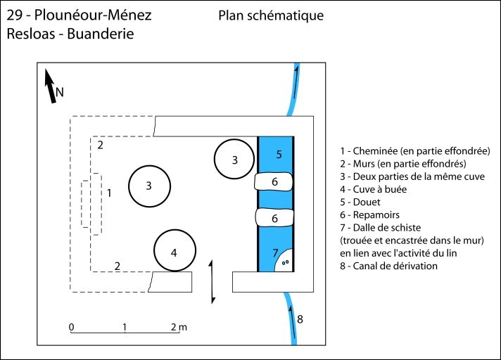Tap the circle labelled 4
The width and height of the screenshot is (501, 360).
pyautogui.click(x=175, y=251)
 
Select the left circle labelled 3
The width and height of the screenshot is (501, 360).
pyautogui.click(x=149, y=186)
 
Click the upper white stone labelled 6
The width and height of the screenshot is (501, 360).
pyautogui.click(x=275, y=181)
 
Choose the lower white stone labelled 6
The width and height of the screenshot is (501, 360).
pyautogui.click(x=275, y=219)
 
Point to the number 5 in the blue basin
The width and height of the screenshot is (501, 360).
pyautogui.click(x=279, y=154)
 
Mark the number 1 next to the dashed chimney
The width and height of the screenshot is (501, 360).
pyautogui.click(x=109, y=192)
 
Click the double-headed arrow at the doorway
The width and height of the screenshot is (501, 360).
pyautogui.click(x=213, y=281)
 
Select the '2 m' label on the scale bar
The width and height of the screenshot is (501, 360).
pyautogui.click(x=179, y=328)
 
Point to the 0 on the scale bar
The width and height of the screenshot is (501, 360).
pyautogui.click(x=72, y=328)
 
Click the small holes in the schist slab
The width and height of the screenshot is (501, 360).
pyautogui.click(x=285, y=263)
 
